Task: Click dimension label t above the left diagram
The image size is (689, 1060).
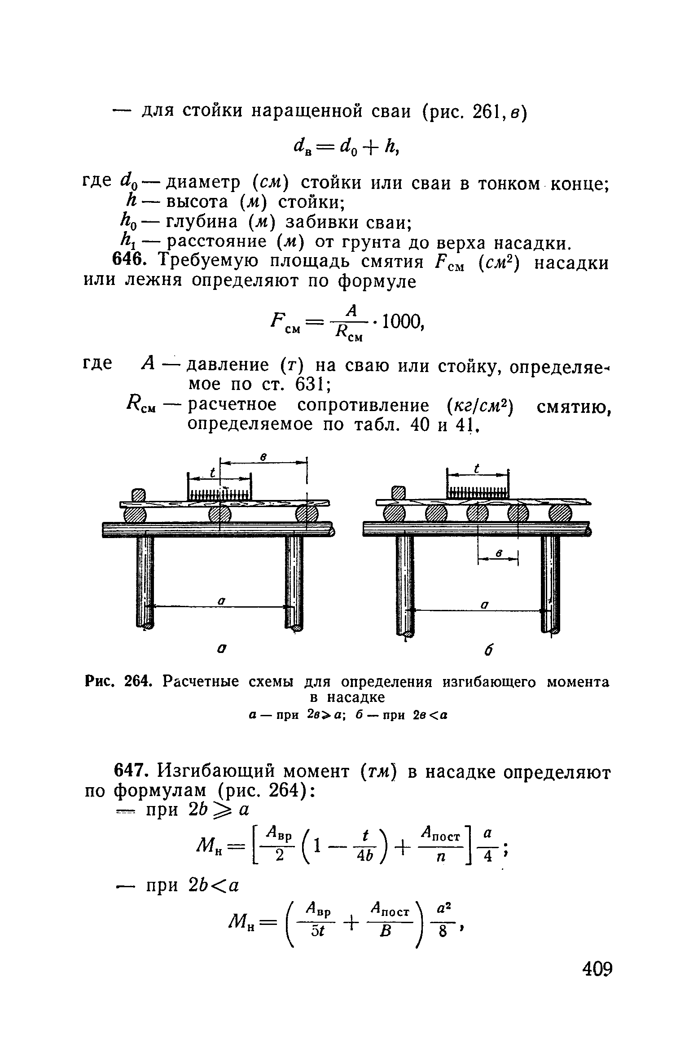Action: [x=213, y=473]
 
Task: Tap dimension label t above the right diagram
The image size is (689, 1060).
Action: [x=477, y=469]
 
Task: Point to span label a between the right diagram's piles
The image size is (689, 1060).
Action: [x=484, y=605]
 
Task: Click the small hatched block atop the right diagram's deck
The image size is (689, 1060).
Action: [x=399, y=493]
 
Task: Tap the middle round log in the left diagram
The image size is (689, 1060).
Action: [x=219, y=514]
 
